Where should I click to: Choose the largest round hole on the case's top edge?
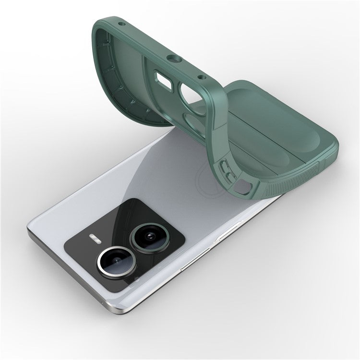171,60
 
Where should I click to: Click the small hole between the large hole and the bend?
202,77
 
